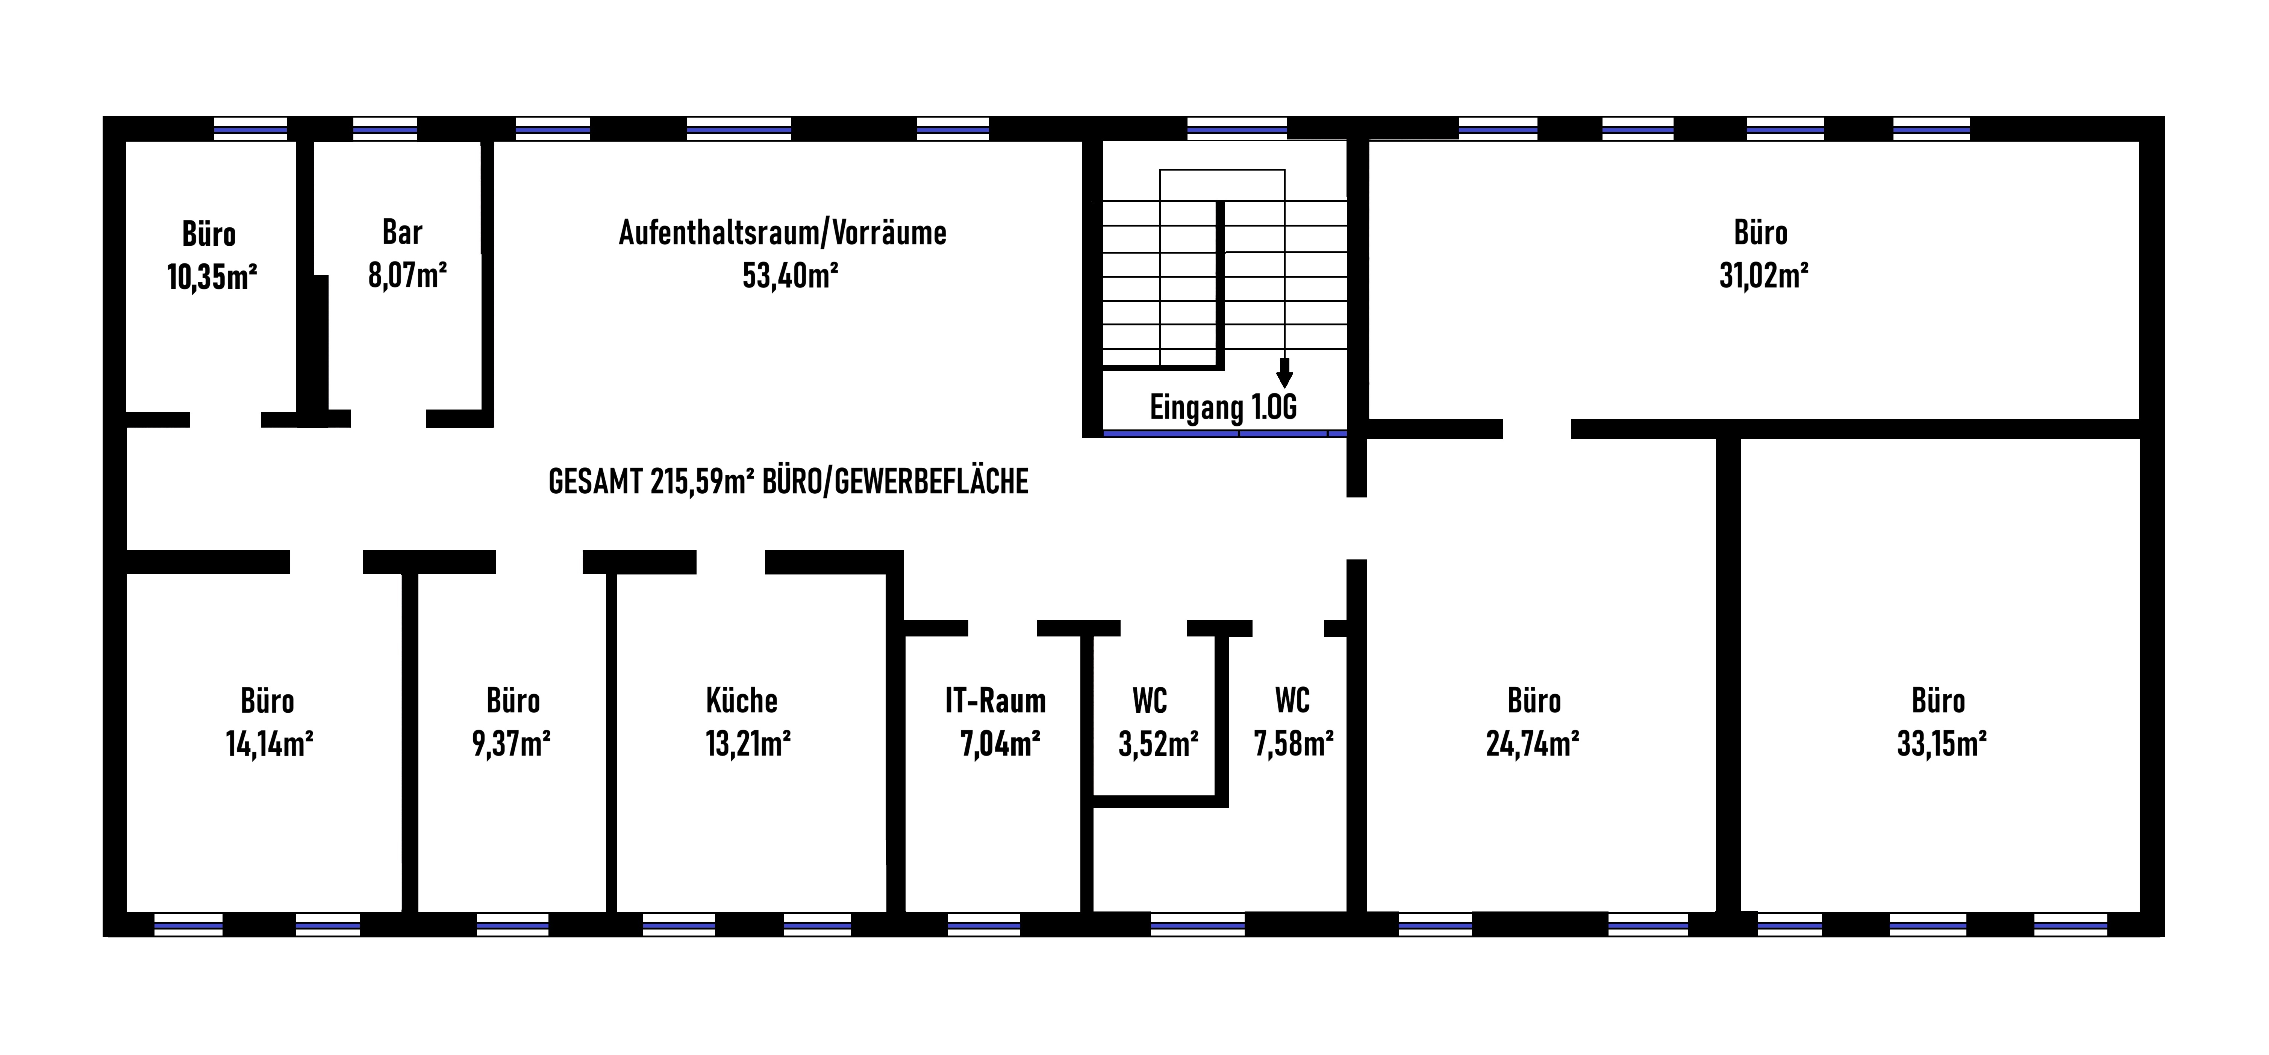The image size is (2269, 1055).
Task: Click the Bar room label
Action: tap(403, 233)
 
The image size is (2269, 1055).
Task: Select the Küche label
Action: tap(742, 701)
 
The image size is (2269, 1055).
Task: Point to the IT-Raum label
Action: tap(995, 701)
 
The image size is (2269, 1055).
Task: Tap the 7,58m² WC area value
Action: tap(1293, 744)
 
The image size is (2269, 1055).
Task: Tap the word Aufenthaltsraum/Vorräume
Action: tap(782, 233)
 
